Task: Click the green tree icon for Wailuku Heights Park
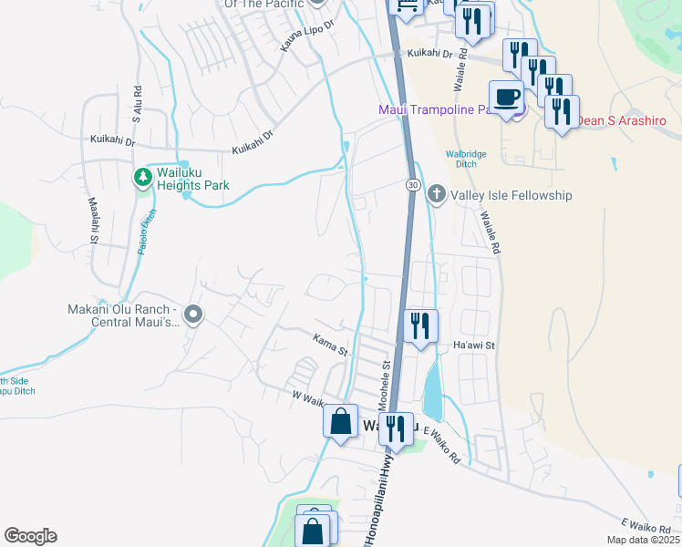142,176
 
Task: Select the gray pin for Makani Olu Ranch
192,315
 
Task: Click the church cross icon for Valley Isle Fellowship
437,194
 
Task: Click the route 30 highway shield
413,185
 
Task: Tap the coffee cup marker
506,97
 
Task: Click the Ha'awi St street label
473,346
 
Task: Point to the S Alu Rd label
137,104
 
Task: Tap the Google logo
30,536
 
